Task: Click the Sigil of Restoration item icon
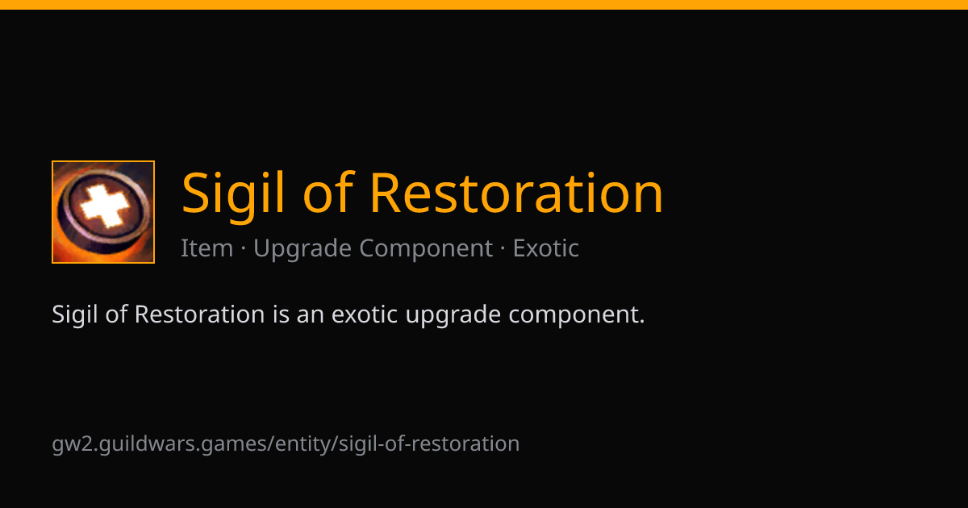pyautogui.click(x=103, y=211)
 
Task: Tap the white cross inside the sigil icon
pyautogui.click(x=105, y=206)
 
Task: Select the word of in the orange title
pyautogui.click(x=329, y=192)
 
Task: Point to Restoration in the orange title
pyautogui.click(x=516, y=193)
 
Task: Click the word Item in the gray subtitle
pyautogui.click(x=207, y=248)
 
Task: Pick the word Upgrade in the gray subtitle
pyautogui.click(x=302, y=249)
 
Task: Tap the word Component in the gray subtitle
pyautogui.click(x=426, y=249)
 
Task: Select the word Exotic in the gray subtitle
pyautogui.click(x=546, y=248)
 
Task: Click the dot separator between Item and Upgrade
pyautogui.click(x=244, y=249)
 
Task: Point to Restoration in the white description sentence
pyautogui.click(x=200, y=314)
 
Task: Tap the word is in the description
pyautogui.click(x=281, y=314)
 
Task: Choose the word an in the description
pyautogui.click(x=311, y=315)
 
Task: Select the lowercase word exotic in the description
pyautogui.click(x=365, y=314)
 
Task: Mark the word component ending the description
pyautogui.click(x=573, y=316)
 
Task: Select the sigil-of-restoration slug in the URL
pyautogui.click(x=429, y=444)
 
